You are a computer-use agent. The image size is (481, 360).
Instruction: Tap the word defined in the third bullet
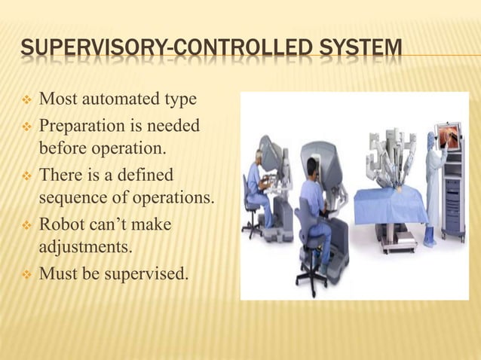[x=145, y=175]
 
